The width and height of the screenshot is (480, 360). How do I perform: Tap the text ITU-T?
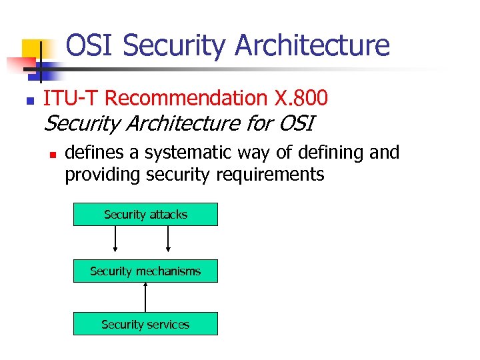point(71,99)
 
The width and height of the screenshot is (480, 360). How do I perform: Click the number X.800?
point(301,99)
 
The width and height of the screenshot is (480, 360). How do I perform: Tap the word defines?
point(95,153)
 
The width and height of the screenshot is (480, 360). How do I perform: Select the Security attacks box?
point(145,215)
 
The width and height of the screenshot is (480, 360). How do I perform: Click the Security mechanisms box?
point(145,271)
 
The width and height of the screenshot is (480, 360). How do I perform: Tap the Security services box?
point(145,325)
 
